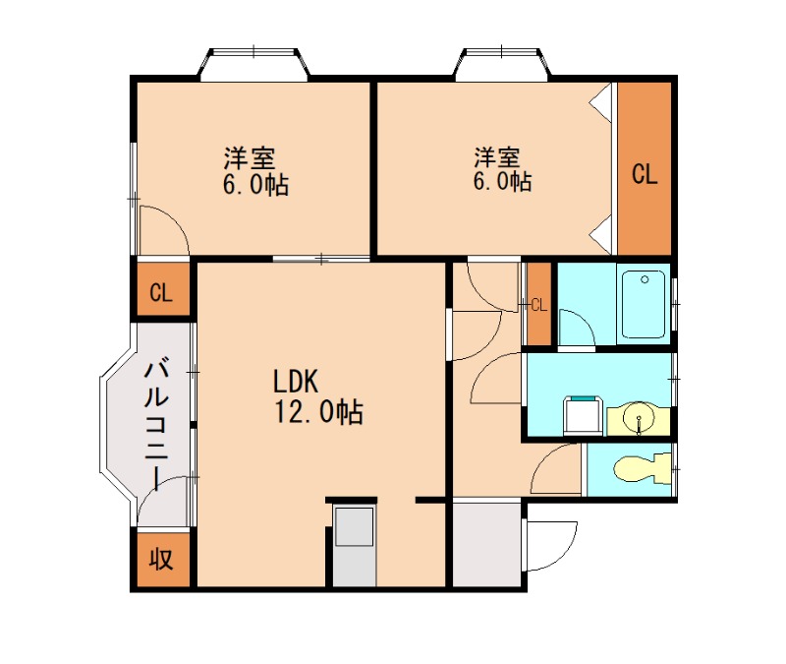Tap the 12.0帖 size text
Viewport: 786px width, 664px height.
point(312,412)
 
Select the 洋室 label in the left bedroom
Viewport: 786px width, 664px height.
point(248,156)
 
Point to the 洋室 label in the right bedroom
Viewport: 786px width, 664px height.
point(498,156)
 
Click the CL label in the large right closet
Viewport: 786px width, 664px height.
point(644,175)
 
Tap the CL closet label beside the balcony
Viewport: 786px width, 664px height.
point(161,292)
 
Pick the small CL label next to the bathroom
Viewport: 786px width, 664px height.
point(537,303)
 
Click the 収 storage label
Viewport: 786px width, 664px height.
point(161,560)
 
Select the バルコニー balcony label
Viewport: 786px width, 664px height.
point(156,423)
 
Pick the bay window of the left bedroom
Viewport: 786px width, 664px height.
point(253,64)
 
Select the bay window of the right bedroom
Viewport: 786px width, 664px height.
point(501,64)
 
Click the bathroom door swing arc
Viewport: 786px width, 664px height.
point(573,328)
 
